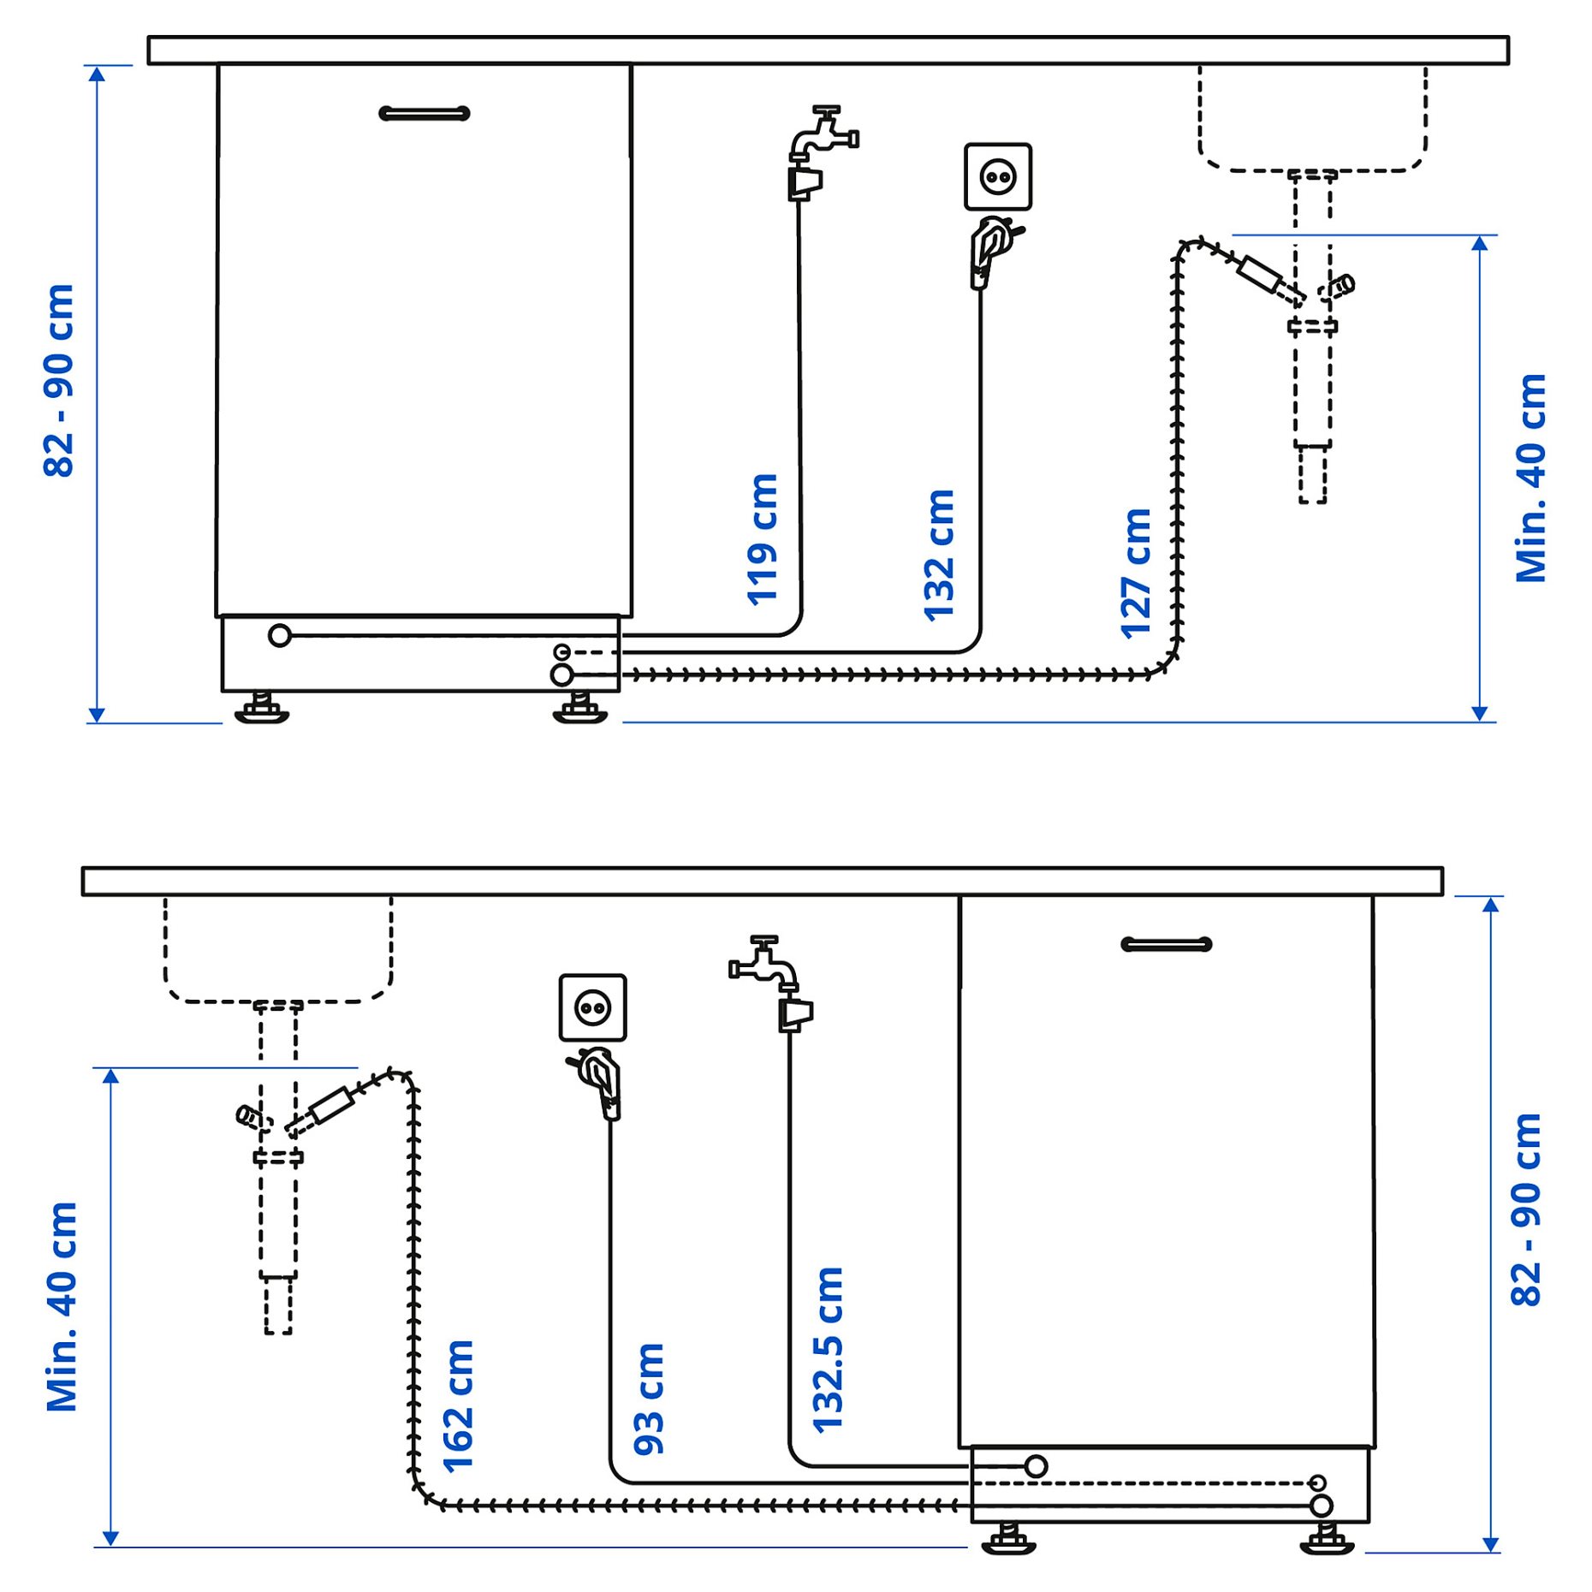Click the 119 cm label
(x=762, y=539)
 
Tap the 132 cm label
(x=939, y=555)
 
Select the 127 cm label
(x=1136, y=573)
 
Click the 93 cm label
(x=649, y=1399)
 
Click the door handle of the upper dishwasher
(x=424, y=113)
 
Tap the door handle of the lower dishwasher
(x=1166, y=944)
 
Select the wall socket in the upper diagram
(x=997, y=177)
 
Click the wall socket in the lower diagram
(x=592, y=1007)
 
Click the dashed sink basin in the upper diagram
(x=1311, y=120)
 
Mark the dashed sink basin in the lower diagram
(x=278, y=950)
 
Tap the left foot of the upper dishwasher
(x=262, y=708)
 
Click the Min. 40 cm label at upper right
(x=1530, y=478)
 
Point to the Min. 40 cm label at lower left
(x=62, y=1306)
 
